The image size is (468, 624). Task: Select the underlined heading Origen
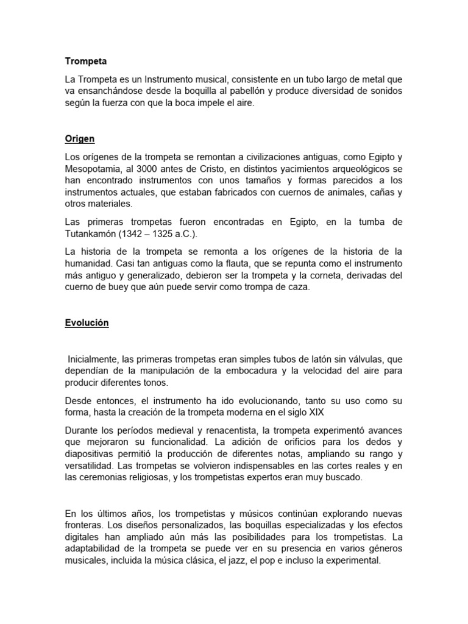point(79,138)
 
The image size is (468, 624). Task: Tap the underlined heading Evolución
point(87,324)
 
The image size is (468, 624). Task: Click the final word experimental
point(350,561)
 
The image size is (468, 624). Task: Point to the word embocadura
point(247,371)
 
